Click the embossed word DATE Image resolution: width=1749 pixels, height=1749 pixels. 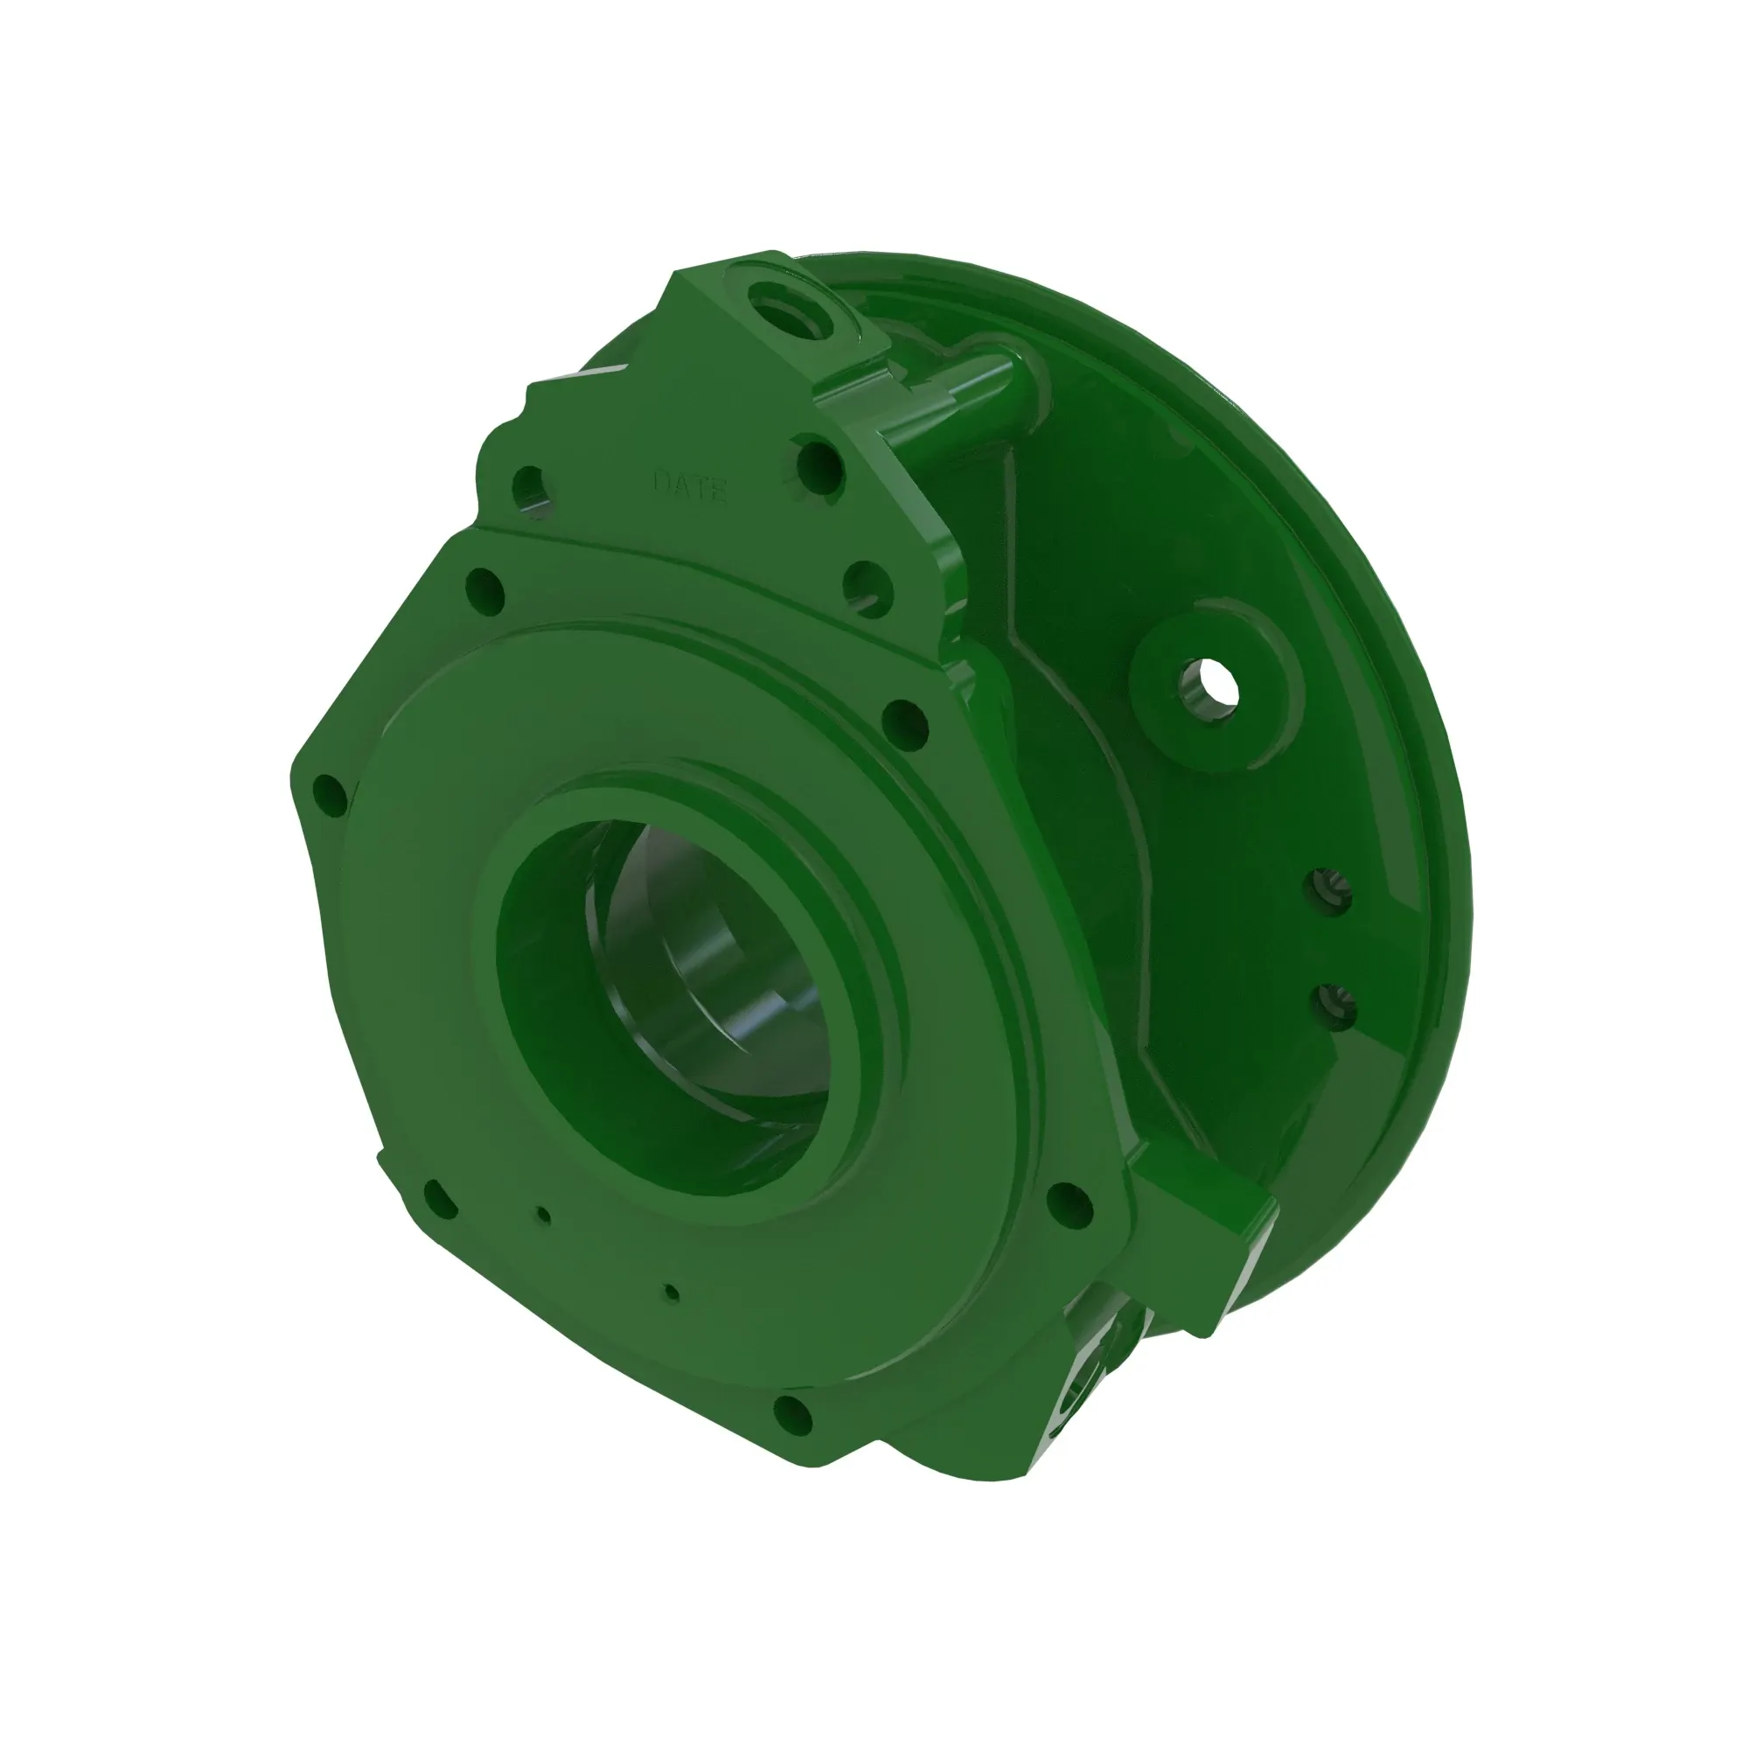tap(690, 487)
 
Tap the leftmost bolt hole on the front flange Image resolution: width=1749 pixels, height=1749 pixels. tap(330, 797)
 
